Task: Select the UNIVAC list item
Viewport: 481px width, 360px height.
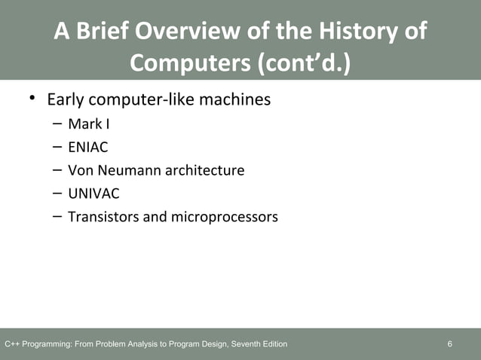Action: point(93,194)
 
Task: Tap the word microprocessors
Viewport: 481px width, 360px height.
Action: point(224,218)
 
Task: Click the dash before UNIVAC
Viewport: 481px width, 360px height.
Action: point(57,194)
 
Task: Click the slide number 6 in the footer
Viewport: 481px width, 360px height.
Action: point(449,345)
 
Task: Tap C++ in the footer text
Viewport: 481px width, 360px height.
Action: point(11,345)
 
